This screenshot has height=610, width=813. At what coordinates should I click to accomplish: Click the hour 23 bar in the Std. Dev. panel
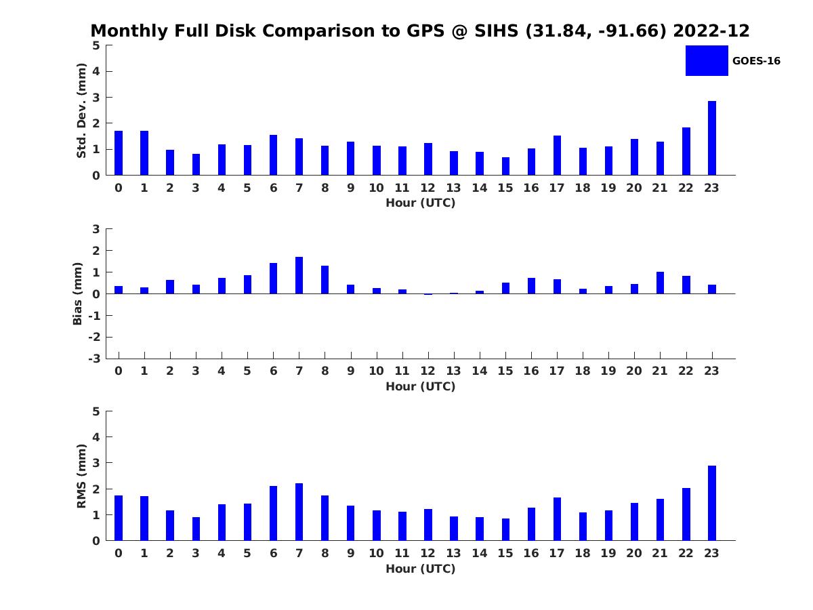pos(711,138)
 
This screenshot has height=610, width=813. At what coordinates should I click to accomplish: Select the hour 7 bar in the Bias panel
pos(299,275)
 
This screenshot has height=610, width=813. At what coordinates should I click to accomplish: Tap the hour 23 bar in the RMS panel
pos(711,503)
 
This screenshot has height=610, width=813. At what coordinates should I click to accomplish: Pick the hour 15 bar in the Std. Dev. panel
pos(505,166)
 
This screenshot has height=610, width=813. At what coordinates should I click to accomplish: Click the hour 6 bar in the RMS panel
pos(273,513)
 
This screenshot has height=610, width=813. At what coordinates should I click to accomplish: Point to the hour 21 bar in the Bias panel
pos(660,283)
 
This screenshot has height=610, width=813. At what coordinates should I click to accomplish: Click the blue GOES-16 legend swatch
pos(707,61)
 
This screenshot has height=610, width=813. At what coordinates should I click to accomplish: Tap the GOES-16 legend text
pos(756,61)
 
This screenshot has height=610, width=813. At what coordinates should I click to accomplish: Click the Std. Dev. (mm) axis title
pos(81,110)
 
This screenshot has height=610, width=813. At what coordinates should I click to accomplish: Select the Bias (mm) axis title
pos(77,293)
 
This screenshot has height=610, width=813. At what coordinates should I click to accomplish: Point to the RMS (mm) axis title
pos(81,476)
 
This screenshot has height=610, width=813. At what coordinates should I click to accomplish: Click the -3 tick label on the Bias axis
pos(94,359)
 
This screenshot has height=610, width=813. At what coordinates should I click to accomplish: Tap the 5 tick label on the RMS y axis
pos(96,411)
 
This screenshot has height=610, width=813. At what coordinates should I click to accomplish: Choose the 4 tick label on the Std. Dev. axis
pos(96,71)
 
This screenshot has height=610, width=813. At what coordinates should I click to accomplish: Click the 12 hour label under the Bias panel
pos(428,371)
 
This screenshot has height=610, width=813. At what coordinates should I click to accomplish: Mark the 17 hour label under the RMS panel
pos(557,553)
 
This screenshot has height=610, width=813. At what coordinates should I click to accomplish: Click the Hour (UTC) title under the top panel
pos(421,203)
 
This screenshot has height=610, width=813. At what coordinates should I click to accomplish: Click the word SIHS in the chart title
pos(496,30)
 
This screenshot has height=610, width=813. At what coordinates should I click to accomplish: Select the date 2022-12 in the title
pos(711,30)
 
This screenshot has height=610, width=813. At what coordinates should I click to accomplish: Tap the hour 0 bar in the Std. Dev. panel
pos(119,153)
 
